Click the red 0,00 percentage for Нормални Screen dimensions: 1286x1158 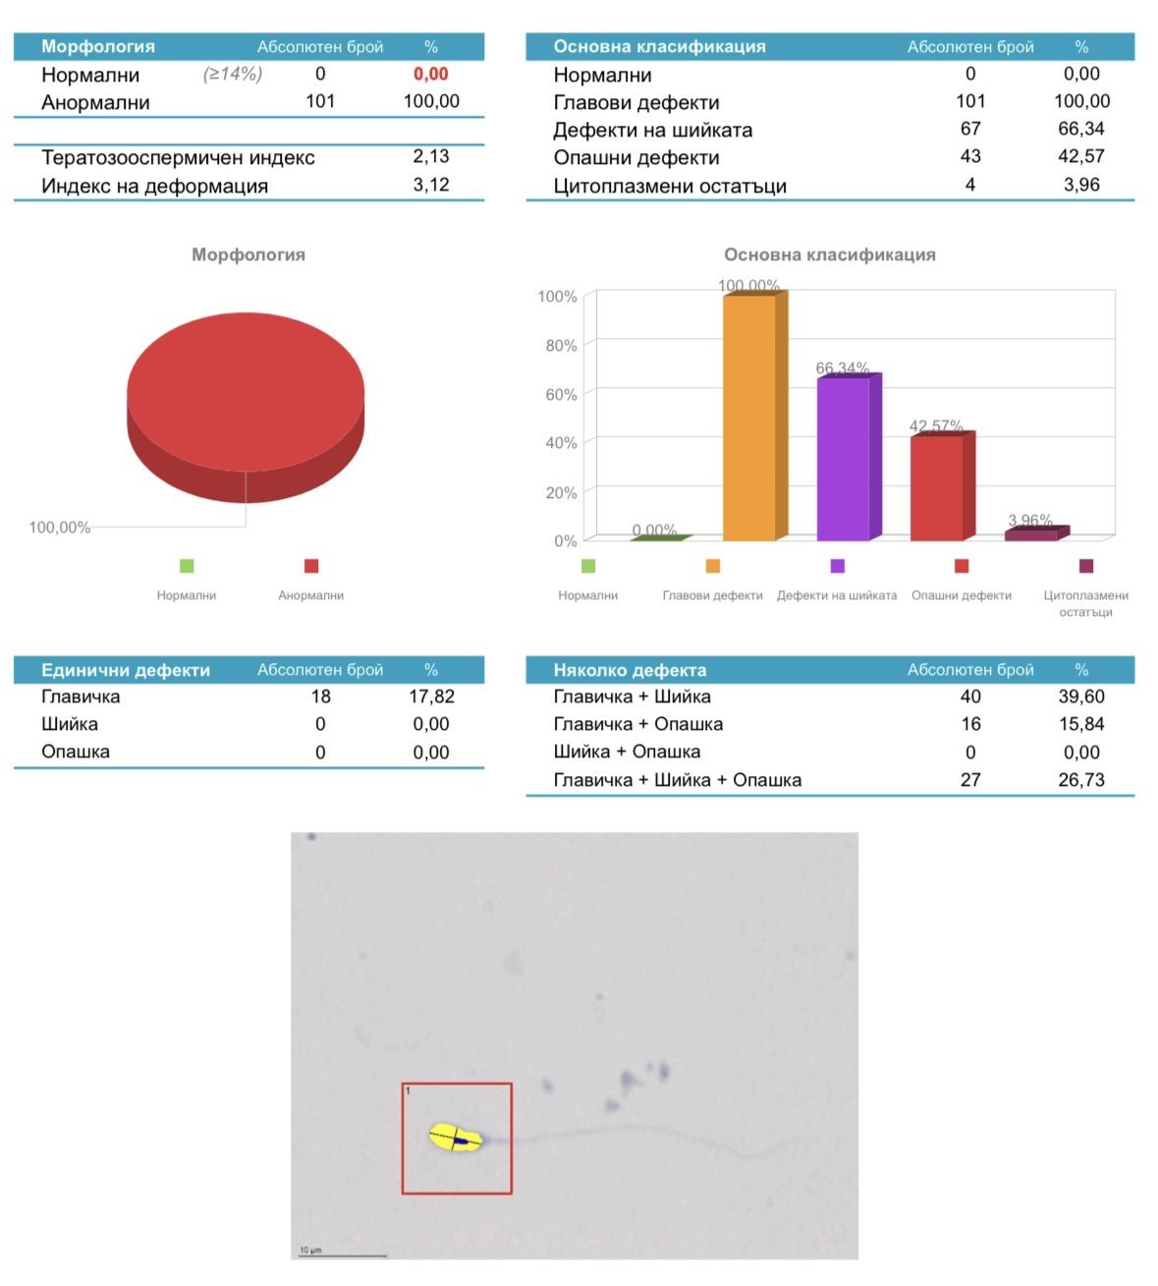(430, 75)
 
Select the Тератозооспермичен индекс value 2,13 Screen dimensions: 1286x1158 (430, 156)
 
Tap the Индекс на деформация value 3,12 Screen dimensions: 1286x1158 (430, 185)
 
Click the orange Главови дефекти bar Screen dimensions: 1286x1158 (749, 418)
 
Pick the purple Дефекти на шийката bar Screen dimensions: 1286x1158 (843, 459)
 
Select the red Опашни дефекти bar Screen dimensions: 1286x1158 (936, 488)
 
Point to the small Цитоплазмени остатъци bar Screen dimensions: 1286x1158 (1031, 534)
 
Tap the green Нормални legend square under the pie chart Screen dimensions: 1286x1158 (187, 566)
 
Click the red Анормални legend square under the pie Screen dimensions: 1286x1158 (311, 566)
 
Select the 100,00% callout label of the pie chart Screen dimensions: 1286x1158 (60, 528)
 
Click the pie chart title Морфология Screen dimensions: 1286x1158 (248, 254)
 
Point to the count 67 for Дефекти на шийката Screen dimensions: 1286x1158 (970, 129)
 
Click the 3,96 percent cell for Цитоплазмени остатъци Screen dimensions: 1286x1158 (1081, 185)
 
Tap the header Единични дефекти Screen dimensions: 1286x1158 (126, 670)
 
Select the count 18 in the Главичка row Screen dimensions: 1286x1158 (320, 697)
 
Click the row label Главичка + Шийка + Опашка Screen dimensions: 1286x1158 (678, 780)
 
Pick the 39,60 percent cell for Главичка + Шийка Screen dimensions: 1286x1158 (1081, 697)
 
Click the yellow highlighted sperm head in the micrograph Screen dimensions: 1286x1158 (456, 1138)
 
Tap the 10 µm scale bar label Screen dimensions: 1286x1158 (310, 1250)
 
